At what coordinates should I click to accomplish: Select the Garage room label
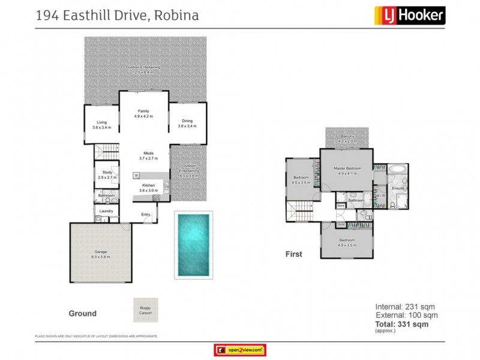pos(101,254)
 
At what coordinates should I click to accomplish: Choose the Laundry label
pos(107,211)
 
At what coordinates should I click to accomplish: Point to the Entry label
pos(146,214)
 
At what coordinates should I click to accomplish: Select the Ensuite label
pos(398,188)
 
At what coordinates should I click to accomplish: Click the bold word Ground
pos(82,313)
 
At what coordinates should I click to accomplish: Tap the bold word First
pos(293,254)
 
